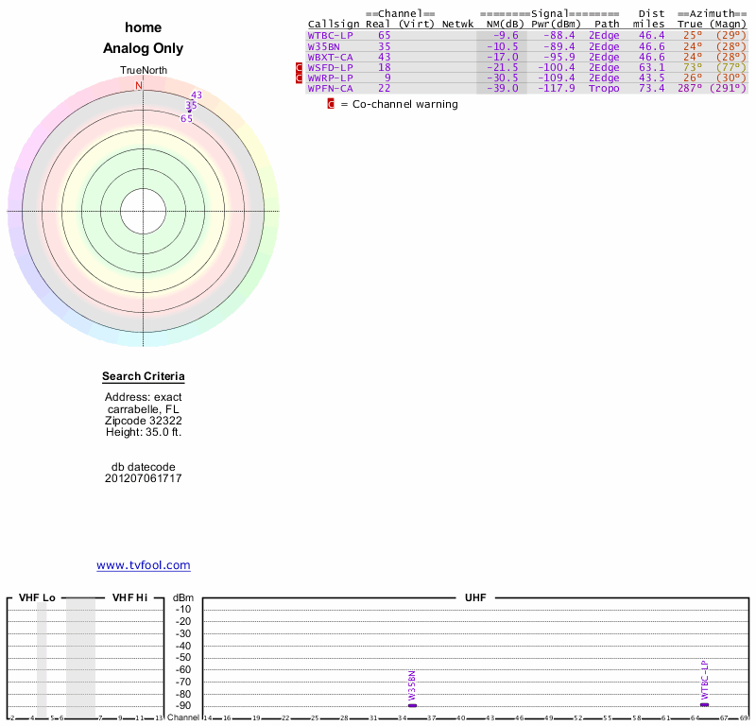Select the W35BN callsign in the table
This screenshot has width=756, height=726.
(x=323, y=46)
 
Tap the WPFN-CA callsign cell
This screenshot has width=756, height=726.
(x=330, y=88)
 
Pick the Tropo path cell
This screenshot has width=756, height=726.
(x=604, y=88)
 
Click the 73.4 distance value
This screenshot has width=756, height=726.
(x=651, y=88)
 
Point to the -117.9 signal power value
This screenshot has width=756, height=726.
(x=553, y=88)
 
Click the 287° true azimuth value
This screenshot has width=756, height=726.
(x=690, y=88)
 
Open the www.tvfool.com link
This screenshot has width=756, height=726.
(x=144, y=565)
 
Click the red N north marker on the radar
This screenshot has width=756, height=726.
(x=139, y=86)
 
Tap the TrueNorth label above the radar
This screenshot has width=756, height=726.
(x=144, y=71)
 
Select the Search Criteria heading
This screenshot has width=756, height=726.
(x=144, y=377)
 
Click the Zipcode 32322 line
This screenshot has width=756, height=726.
(x=144, y=420)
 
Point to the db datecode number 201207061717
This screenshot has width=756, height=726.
(x=144, y=478)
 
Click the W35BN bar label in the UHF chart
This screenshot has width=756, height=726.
(x=412, y=687)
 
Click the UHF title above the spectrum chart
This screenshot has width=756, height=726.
(x=474, y=597)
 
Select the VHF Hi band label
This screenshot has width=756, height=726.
(x=129, y=597)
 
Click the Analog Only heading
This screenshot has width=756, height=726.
(x=144, y=48)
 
